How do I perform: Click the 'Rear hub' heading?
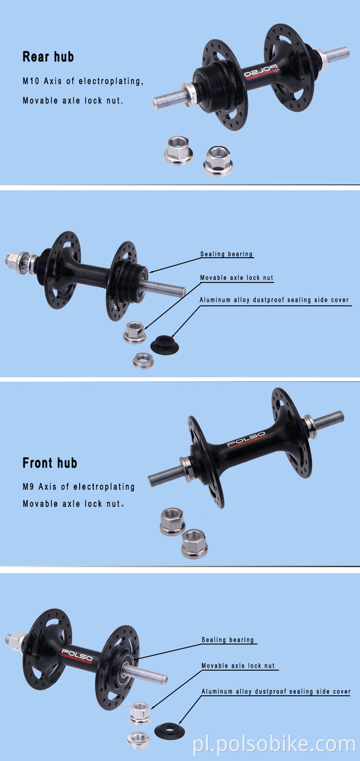pos(48,57)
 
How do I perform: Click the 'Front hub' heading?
pos(50,463)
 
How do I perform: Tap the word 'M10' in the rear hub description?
pos(31,81)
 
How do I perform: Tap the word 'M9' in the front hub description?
pos(28,487)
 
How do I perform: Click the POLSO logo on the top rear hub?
pos(261,72)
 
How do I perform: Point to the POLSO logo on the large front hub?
pos(246,439)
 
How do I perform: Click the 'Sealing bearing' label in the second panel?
pos(226,254)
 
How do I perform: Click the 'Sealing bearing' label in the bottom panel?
pos(228,640)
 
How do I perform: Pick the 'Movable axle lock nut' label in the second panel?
pos(237,278)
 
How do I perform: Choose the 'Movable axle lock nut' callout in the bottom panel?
pos(238,666)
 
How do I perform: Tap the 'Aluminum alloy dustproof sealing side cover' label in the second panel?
pos(274,300)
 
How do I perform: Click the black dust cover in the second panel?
pos(164,344)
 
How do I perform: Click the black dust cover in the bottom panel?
pos(170,730)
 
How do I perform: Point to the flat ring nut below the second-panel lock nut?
pos(144,360)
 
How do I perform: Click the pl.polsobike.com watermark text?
pos(274,744)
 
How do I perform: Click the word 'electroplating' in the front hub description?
pos(104,487)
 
